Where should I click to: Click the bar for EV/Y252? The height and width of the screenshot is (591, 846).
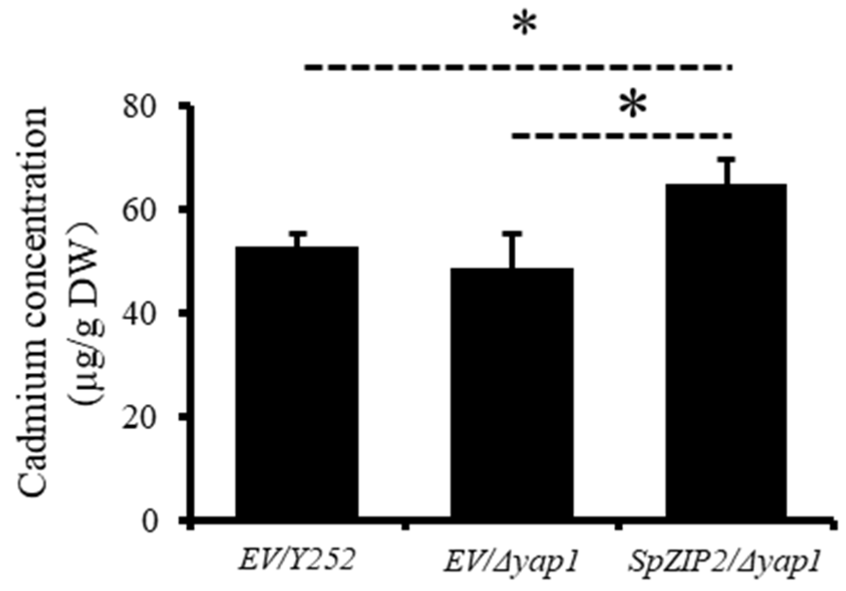pos(297,381)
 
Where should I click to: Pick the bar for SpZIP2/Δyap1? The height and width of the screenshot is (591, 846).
pos(725,350)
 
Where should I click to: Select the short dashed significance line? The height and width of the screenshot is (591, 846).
pos(621,135)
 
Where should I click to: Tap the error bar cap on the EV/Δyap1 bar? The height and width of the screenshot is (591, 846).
pos(512,234)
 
